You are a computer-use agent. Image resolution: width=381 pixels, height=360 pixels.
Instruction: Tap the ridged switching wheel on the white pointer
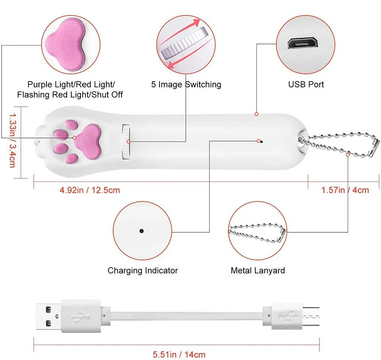[x=126, y=142]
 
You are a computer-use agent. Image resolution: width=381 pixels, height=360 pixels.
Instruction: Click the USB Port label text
[x=306, y=84]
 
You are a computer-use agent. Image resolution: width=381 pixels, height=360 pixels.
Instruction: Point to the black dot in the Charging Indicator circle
[x=141, y=230]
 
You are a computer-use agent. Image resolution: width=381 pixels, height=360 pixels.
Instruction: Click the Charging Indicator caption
[x=142, y=271]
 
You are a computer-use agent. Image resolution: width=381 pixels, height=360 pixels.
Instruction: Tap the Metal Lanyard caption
[x=258, y=271]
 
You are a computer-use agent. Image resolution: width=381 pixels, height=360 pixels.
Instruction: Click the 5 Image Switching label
[x=186, y=84]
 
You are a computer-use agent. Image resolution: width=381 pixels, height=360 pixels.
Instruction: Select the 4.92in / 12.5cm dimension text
[x=89, y=190]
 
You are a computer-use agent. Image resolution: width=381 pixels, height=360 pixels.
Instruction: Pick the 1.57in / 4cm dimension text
[x=345, y=190]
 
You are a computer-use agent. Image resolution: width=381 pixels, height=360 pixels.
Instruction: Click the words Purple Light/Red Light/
[x=71, y=84]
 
